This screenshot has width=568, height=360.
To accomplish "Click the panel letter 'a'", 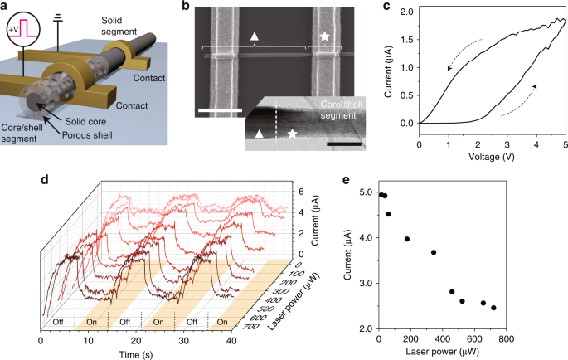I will click(x=5, y=7).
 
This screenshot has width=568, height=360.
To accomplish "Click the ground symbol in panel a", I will click(x=56, y=15).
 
